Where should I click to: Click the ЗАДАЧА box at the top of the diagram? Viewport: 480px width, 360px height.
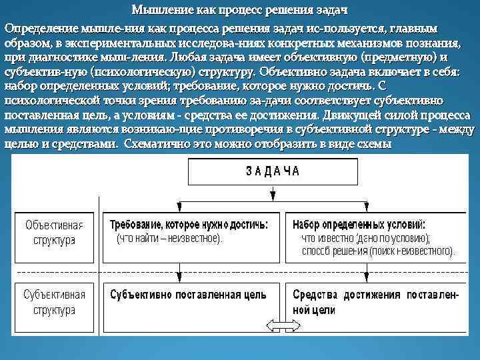(273, 171)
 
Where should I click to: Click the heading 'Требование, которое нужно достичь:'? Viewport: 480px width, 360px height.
(189, 225)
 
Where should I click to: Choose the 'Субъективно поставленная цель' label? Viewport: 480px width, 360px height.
(189, 294)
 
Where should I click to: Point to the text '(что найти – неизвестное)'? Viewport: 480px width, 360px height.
(169, 237)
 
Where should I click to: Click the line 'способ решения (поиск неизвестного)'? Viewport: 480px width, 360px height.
(378, 251)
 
